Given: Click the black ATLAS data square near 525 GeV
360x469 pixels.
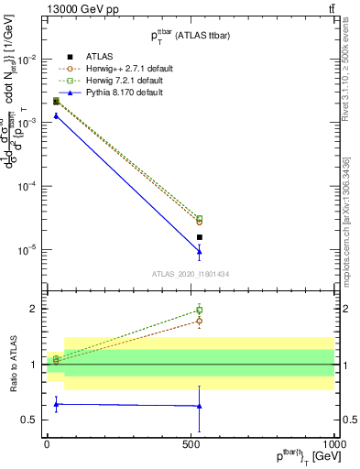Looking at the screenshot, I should [x=199, y=237].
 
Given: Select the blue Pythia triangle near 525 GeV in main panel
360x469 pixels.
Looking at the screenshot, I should [x=199, y=251].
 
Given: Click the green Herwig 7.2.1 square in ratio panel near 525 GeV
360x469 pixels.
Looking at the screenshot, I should [x=199, y=311].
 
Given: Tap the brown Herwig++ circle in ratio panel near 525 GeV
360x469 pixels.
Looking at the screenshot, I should [x=199, y=321].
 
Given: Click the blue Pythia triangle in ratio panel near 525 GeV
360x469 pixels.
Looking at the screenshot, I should [x=199, y=406].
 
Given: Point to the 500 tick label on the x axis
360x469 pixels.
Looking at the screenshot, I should [x=191, y=443].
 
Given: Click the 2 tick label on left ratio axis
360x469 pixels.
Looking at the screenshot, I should [x=36, y=309].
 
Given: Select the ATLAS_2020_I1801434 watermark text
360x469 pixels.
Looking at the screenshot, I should [x=190, y=274].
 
